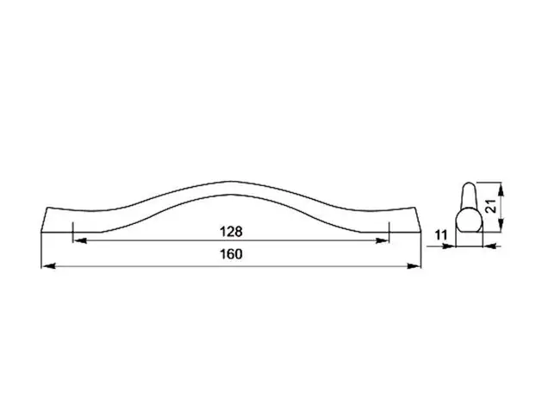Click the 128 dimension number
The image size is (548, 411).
click(231, 232)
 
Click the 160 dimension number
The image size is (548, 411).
click(231, 254)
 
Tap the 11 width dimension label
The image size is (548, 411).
click(442, 235)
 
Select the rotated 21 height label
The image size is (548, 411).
click(491, 206)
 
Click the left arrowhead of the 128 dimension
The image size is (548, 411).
click(79, 240)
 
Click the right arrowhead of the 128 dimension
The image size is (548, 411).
click(382, 240)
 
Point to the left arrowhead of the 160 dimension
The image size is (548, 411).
click(48, 266)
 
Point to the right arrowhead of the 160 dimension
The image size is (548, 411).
click(414, 266)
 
